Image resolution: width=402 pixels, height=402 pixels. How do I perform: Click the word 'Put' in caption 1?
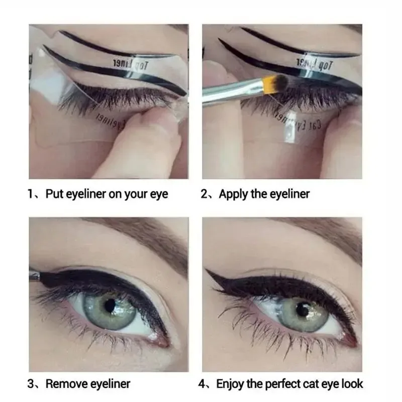(54, 194)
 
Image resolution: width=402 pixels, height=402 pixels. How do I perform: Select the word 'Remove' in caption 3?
(66, 384)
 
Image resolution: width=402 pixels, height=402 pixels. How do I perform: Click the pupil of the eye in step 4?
(302, 308)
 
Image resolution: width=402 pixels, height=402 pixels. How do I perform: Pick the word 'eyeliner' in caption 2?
(289, 194)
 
